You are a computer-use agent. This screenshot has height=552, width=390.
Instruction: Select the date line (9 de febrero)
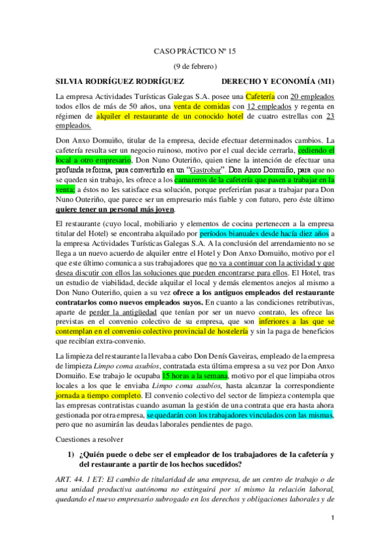click(195, 66)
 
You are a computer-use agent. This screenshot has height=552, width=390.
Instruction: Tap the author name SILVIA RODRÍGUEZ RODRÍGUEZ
click(118, 82)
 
